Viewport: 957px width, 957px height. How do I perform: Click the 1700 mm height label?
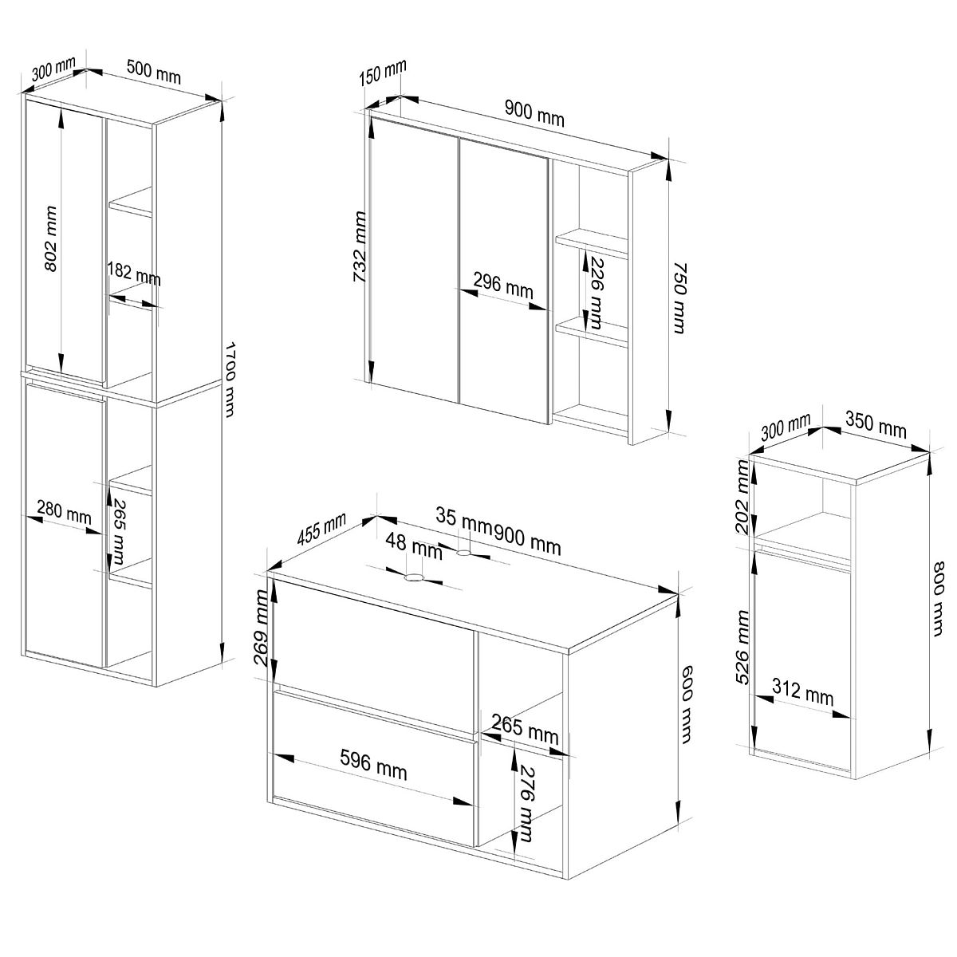click(230, 380)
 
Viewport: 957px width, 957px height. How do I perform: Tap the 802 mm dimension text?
click(51, 239)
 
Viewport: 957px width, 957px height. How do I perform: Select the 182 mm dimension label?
click(134, 274)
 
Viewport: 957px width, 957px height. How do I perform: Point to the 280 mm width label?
click(64, 512)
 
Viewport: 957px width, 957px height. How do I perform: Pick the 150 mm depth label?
click(383, 72)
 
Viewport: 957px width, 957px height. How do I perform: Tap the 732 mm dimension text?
click(360, 246)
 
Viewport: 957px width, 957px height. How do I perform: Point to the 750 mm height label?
click(679, 298)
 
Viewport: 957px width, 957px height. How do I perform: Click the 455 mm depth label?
click(321, 530)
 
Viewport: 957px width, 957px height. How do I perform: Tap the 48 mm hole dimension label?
click(413, 545)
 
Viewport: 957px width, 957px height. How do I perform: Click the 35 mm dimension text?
click(464, 518)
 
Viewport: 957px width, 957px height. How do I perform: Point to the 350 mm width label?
click(876, 426)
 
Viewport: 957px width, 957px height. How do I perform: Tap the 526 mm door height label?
click(743, 648)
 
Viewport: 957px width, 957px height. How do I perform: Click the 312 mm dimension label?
click(802, 692)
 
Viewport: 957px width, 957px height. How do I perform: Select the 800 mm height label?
click(938, 598)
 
